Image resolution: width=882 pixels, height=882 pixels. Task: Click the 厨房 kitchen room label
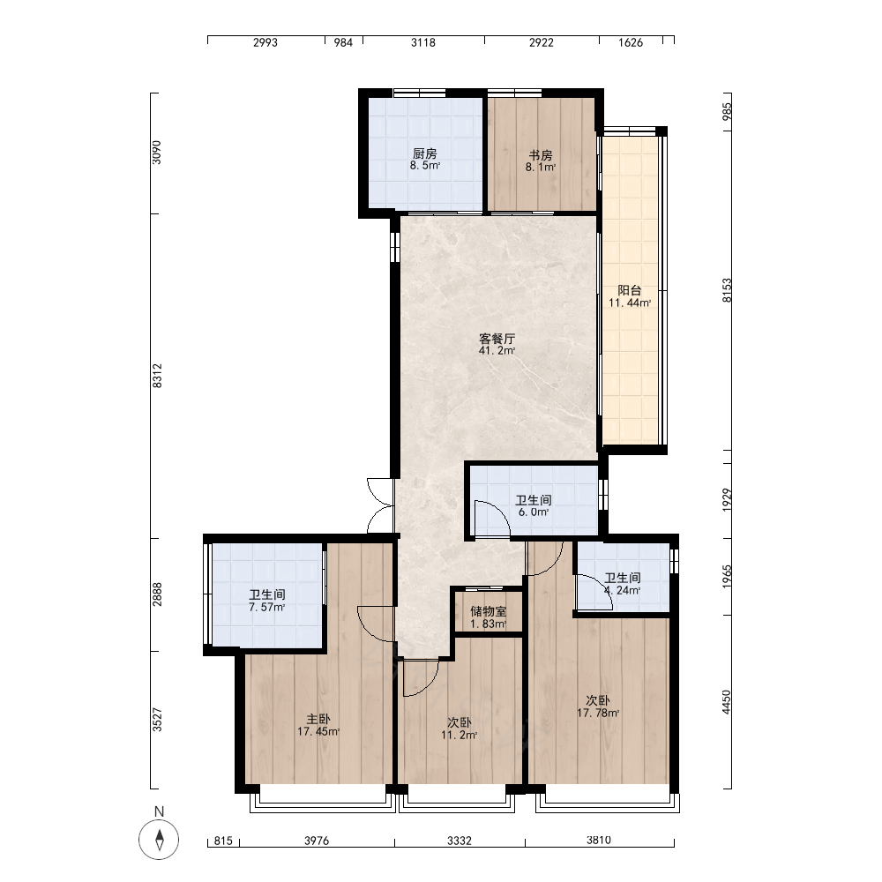tap(425, 153)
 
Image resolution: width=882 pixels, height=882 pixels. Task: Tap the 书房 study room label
tap(541, 155)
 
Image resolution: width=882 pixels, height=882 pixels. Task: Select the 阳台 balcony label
tap(630, 290)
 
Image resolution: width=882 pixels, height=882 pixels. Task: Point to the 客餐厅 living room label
tap(497, 339)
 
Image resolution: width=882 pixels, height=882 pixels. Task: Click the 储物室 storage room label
tap(489, 611)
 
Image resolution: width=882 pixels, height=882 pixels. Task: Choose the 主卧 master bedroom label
tap(318, 720)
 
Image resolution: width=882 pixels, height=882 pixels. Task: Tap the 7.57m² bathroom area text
tap(267, 608)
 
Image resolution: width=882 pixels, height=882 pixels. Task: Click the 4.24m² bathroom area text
tap(622, 591)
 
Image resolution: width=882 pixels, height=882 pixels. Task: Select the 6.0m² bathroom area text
tap(534, 512)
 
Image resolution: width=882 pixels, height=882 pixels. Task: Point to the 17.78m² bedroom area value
tap(598, 714)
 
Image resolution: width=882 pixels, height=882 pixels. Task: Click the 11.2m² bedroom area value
tap(459, 736)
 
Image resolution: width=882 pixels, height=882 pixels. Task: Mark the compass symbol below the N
tap(159, 840)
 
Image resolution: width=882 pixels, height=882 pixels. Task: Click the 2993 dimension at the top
tap(265, 42)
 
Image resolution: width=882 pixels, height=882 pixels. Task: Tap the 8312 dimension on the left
tap(158, 375)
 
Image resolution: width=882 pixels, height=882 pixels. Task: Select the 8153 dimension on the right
tap(728, 290)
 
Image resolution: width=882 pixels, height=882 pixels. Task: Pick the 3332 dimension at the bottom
tap(460, 841)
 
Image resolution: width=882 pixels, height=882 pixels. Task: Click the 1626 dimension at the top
tap(631, 42)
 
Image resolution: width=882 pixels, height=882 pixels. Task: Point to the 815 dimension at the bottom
tap(223, 841)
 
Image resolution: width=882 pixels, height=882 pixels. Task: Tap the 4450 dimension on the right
tap(727, 703)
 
